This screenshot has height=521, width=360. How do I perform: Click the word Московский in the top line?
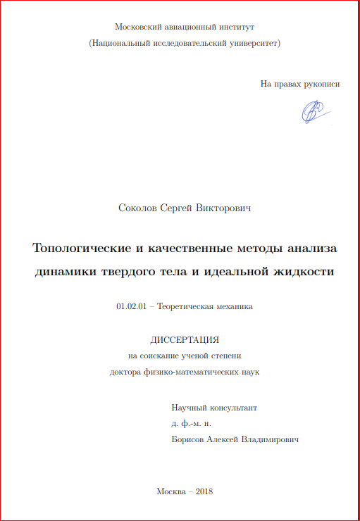138,27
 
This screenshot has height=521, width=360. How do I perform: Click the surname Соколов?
139,208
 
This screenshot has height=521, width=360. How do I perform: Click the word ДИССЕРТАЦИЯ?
185,340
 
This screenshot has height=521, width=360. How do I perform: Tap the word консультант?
234,408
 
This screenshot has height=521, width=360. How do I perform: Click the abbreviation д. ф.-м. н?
191,424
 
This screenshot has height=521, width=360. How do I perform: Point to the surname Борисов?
187,439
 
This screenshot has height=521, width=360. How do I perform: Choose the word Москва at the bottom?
171,491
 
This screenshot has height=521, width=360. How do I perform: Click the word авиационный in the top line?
188,27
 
